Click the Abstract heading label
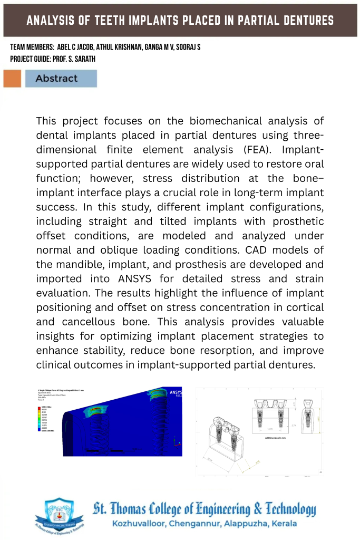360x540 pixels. (x=56, y=79)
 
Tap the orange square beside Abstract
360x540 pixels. (x=12, y=79)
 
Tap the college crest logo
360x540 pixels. (x=59, y=517)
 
